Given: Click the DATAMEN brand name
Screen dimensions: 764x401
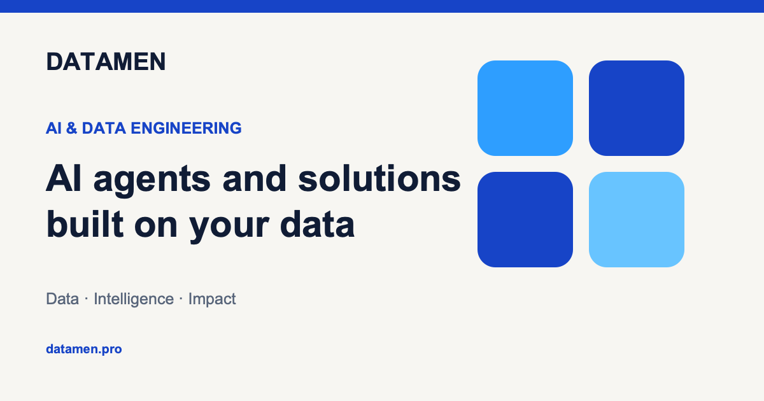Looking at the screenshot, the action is (x=106, y=62).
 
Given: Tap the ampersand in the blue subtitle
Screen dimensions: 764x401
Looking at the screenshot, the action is (x=71, y=128).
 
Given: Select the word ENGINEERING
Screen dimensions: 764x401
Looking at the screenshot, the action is (x=186, y=128).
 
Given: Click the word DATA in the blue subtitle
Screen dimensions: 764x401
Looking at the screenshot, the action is (x=104, y=128).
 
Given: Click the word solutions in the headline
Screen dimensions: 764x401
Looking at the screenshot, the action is (x=379, y=178).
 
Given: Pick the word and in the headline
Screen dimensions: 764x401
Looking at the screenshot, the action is (x=255, y=178).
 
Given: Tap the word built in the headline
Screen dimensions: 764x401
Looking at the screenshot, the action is (x=85, y=223).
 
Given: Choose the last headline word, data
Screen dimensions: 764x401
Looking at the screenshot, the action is (x=317, y=223).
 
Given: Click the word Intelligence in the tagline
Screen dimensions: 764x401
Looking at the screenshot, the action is (x=134, y=299).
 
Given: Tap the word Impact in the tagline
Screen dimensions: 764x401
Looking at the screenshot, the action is (x=212, y=299).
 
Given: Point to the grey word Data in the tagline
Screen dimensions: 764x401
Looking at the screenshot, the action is (x=62, y=299).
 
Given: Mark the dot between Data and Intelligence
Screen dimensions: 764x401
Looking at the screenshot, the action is (x=87, y=299).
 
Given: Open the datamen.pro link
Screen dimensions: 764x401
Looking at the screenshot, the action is (x=84, y=349).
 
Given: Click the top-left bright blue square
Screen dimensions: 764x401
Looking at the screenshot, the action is (x=525, y=108).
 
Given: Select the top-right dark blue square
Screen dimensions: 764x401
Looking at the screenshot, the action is (x=637, y=108).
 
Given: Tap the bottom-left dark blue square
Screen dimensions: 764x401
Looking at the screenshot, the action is (x=525, y=220).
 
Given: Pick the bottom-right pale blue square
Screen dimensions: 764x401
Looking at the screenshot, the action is (x=637, y=220).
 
